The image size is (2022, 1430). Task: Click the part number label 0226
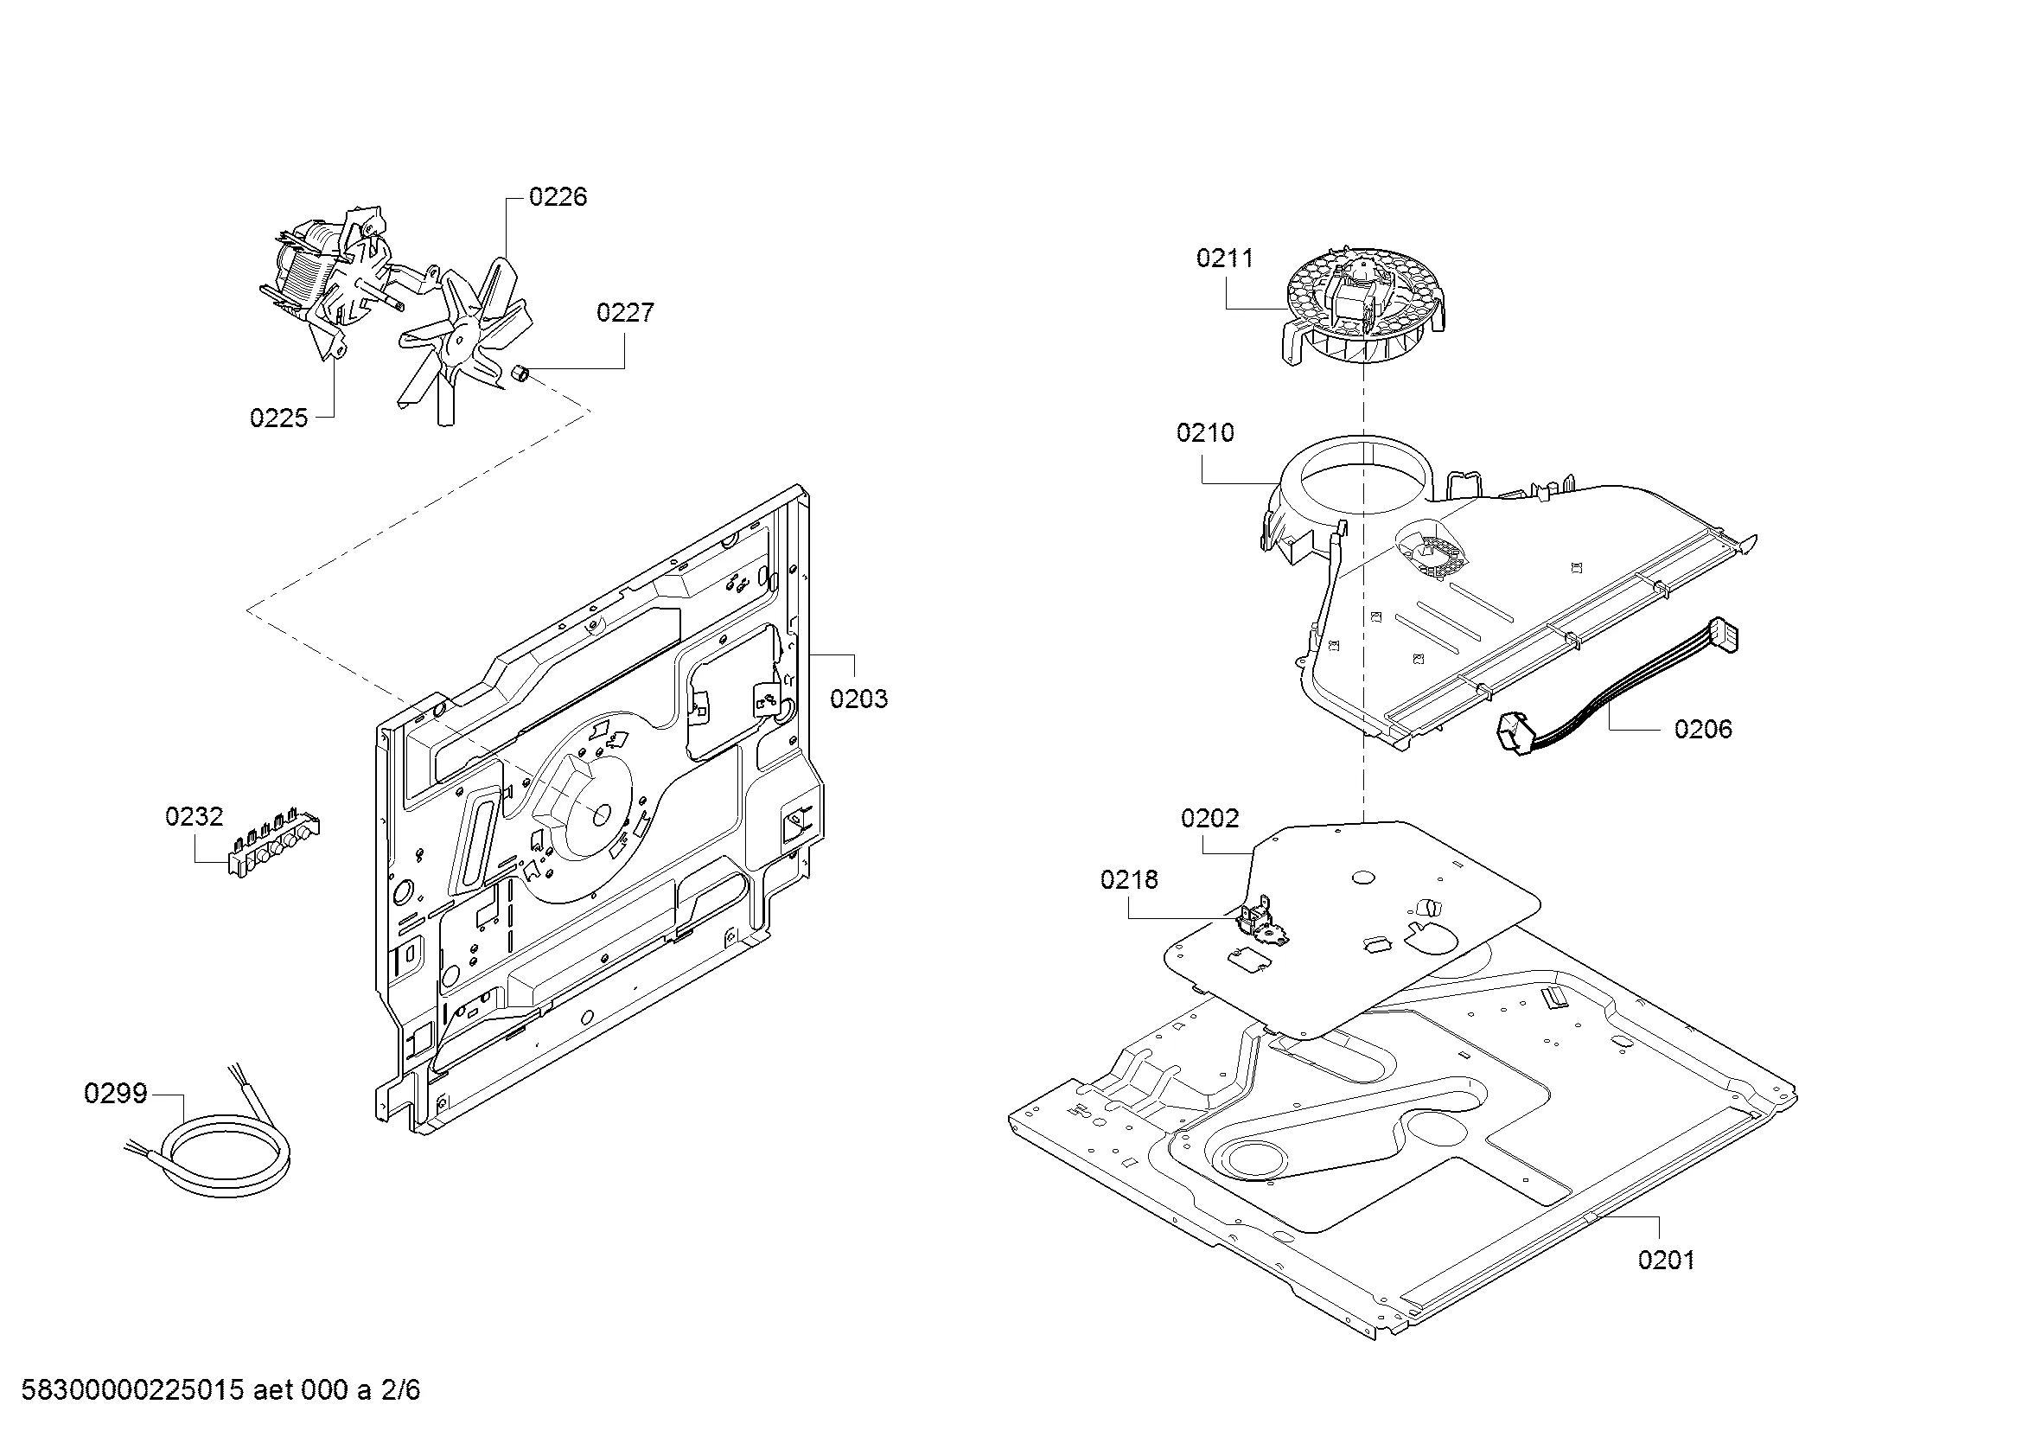click(x=558, y=196)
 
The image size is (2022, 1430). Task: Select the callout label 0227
click(x=624, y=313)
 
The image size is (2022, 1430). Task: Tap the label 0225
click(x=278, y=418)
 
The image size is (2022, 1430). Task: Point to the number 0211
click(x=1224, y=258)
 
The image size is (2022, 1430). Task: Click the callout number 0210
click(x=1205, y=432)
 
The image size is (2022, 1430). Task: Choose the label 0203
click(x=858, y=699)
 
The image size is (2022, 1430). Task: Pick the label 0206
click(x=1702, y=729)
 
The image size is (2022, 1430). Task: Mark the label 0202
click(x=1209, y=818)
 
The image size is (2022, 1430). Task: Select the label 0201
click(x=1665, y=1260)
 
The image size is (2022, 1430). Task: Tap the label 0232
click(x=194, y=816)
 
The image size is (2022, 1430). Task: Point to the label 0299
click(x=115, y=1094)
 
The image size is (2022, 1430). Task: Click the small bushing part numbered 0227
click(x=520, y=374)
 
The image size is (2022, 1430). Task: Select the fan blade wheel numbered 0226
click(x=462, y=339)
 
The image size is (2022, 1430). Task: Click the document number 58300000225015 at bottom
click(x=131, y=1390)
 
